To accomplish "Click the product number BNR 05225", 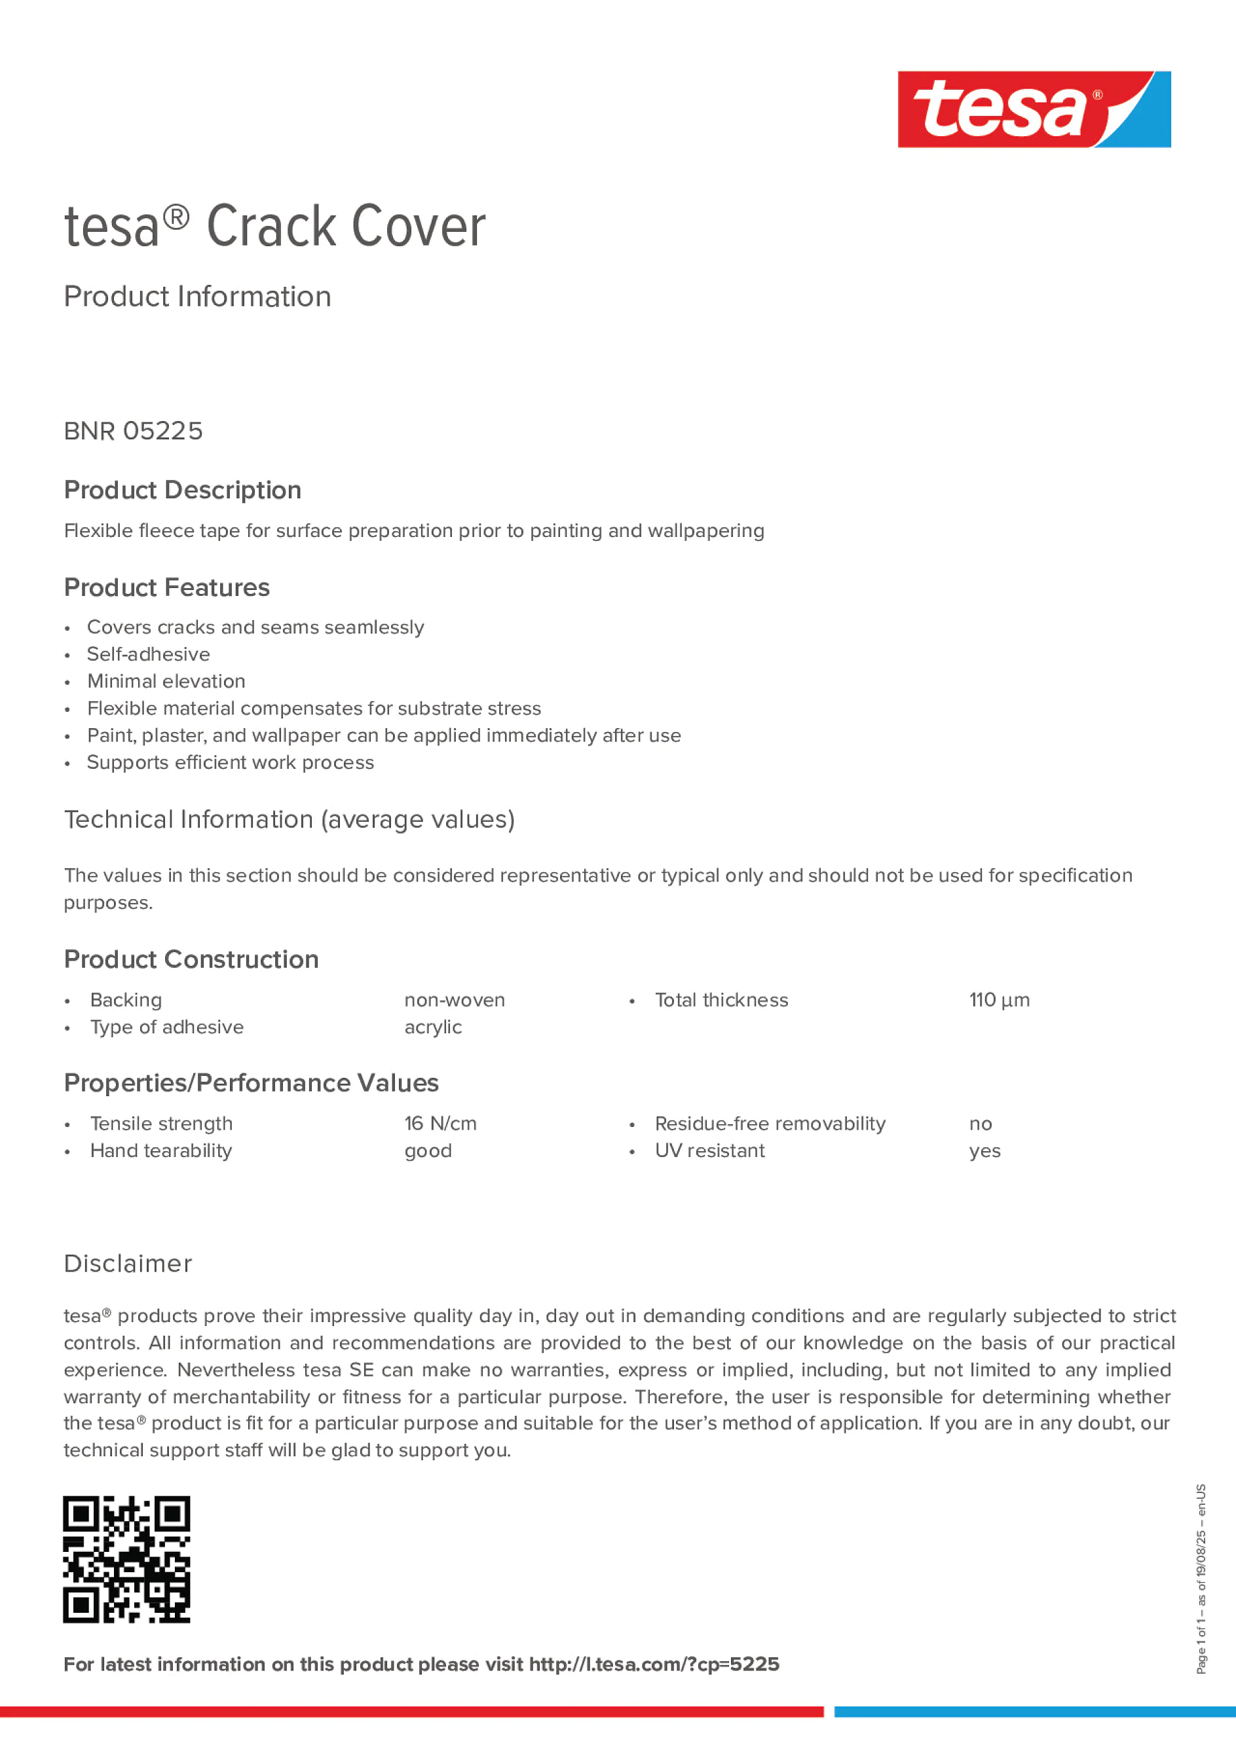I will [134, 431].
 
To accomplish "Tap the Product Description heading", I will [182, 490].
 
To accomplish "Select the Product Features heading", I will [166, 587].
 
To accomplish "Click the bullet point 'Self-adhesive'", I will [148, 654].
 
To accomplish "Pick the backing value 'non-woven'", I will [454, 1000].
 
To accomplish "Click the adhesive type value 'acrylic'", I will [433, 1027].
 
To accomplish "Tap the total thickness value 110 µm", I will [998, 1000].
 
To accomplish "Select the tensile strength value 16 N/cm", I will [440, 1124].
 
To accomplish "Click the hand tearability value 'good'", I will [428, 1151].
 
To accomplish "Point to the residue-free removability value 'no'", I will [980, 1124].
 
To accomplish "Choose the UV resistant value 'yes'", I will [984, 1151].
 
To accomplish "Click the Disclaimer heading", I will [128, 1264].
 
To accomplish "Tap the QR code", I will [126, 1558].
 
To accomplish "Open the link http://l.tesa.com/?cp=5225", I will [654, 1665].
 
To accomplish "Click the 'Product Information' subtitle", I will [197, 297].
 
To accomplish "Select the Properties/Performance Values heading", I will [251, 1083].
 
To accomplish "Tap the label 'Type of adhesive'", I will [167, 1027].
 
